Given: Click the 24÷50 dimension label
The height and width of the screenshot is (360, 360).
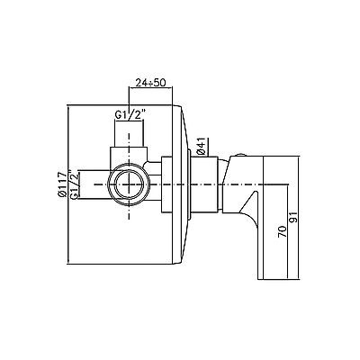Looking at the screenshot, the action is pos(150,83).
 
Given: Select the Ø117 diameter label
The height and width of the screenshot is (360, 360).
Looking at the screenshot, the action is pos(62,184).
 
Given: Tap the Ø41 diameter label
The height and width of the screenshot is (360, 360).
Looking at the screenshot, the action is pos(202,146).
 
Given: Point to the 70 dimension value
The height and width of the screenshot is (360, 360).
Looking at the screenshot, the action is pos(282,232).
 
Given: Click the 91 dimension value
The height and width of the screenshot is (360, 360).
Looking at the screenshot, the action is pos(294,217).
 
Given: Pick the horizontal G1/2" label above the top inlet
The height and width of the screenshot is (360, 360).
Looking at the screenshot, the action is pos(130,114).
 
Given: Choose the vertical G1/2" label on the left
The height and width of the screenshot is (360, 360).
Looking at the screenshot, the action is pos(75,184).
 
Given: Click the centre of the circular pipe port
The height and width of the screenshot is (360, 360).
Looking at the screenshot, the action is pos(129,184).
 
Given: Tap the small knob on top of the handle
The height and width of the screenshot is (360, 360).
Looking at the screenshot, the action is pos(239,155).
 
